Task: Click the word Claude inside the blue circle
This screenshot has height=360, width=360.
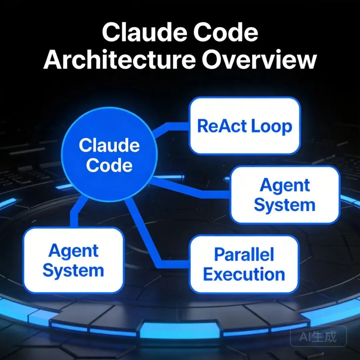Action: (109, 146)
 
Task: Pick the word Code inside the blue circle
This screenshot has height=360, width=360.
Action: (109, 165)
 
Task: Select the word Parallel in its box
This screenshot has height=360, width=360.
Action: (244, 255)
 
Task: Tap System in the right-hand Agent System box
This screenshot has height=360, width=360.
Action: (285, 205)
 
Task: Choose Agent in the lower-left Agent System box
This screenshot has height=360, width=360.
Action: (73, 251)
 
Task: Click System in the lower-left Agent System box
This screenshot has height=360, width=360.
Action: (73, 271)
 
